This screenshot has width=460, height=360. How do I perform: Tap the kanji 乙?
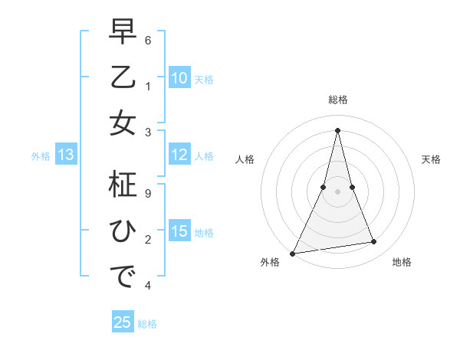pyautogui.click(x=122, y=79)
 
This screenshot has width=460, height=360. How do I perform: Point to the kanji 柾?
pyautogui.click(x=122, y=187)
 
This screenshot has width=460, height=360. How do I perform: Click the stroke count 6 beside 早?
pyautogui.click(x=149, y=39)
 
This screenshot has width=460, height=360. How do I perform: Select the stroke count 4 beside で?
pyautogui.click(x=149, y=286)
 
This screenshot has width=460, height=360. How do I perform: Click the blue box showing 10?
pyautogui.click(x=179, y=77)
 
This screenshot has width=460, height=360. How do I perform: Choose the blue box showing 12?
pyautogui.click(x=179, y=155)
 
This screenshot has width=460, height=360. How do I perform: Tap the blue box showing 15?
pyautogui.click(x=179, y=231)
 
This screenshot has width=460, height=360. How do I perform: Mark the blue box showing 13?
pyautogui.click(x=65, y=155)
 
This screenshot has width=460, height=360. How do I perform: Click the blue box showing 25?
pyautogui.click(x=123, y=322)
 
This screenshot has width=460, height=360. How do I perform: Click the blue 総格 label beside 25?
pyautogui.click(x=147, y=324)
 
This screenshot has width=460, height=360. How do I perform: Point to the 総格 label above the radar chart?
pyautogui.click(x=337, y=100)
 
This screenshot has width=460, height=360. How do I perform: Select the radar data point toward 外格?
pyautogui.click(x=293, y=253)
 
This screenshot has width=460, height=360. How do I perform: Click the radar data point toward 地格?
pyautogui.click(x=374, y=242)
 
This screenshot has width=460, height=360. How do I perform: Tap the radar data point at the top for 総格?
pyautogui.click(x=337, y=129)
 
